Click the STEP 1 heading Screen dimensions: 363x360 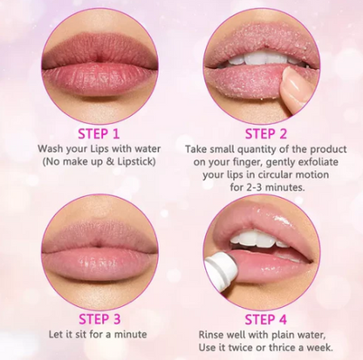tap(99, 133)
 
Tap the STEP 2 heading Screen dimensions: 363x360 tap(266, 133)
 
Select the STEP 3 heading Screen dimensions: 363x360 tap(99, 319)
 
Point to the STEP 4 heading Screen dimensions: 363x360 tap(266, 319)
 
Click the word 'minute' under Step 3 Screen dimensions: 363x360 tap(130, 335)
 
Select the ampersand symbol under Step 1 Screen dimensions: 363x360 tap(110, 161)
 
